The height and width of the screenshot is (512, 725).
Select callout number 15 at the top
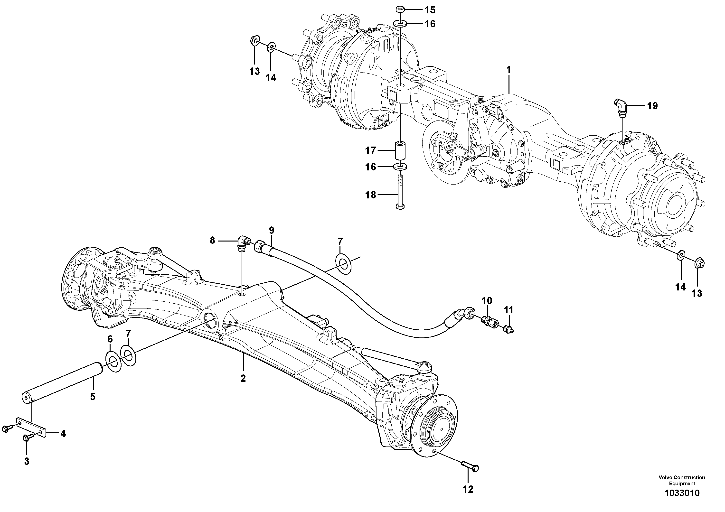(430, 10)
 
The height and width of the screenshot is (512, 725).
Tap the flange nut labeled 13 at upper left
(254, 41)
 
